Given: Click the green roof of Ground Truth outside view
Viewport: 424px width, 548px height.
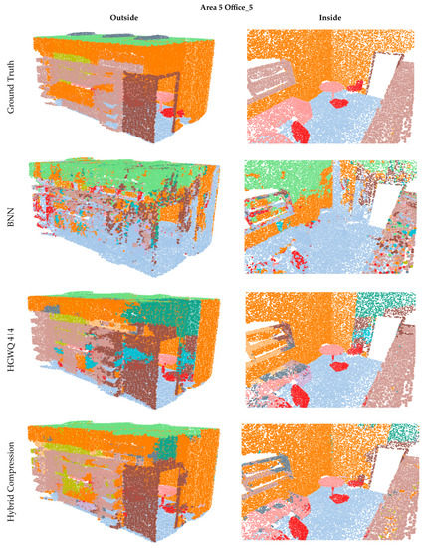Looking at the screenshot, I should (x=119, y=41).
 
